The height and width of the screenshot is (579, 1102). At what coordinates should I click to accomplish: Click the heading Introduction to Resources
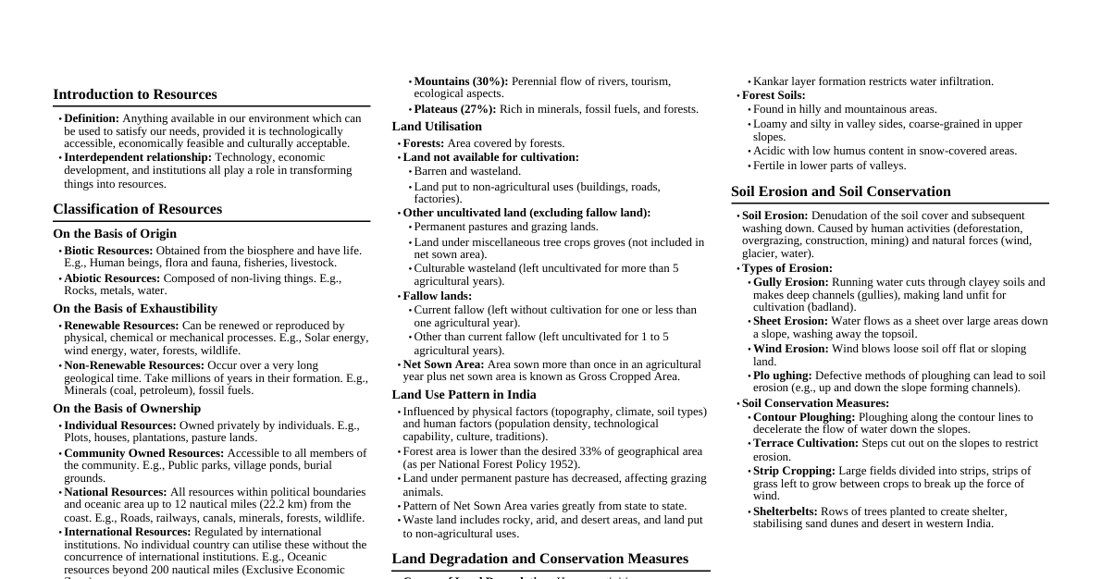pyautogui.click(x=135, y=94)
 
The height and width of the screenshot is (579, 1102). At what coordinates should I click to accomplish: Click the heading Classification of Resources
pyautogui.click(x=137, y=209)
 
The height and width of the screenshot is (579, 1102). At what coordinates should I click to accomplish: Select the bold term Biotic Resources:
pyautogui.click(x=108, y=251)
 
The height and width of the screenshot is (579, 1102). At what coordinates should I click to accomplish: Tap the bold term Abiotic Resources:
pyautogui.click(x=112, y=278)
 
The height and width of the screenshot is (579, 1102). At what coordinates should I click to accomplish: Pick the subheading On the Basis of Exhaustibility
pyautogui.click(x=135, y=309)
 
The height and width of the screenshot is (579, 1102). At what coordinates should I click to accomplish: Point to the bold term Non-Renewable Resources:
pyautogui.click(x=134, y=365)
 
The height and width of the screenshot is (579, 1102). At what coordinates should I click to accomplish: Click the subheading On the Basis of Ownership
pyautogui.click(x=127, y=409)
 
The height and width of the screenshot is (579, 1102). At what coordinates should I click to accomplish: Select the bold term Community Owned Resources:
pyautogui.click(x=143, y=453)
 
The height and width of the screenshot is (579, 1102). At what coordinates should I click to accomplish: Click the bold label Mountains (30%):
pyautogui.click(x=461, y=81)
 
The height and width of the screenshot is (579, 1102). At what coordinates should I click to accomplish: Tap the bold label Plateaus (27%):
pyautogui.click(x=455, y=109)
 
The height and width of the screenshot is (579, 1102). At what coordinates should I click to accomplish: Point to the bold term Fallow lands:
pyautogui.click(x=438, y=296)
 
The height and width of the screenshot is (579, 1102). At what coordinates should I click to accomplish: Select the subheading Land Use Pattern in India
pyautogui.click(x=464, y=395)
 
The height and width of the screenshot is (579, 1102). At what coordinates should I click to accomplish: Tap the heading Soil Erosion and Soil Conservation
pyautogui.click(x=841, y=191)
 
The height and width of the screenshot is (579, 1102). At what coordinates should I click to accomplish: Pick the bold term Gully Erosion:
pyautogui.click(x=791, y=282)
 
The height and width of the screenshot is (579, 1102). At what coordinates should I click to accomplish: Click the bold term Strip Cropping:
pyautogui.click(x=794, y=471)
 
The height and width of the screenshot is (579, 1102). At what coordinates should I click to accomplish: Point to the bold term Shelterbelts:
pyautogui.click(x=786, y=511)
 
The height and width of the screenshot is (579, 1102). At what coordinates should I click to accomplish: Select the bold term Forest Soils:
pyautogui.click(x=774, y=95)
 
